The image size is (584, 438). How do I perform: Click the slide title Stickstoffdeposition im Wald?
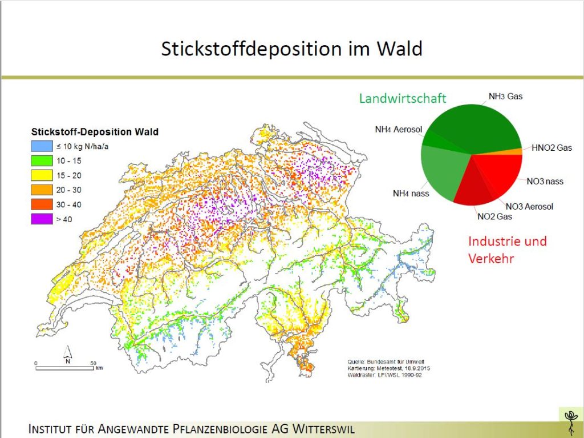tap(291, 49)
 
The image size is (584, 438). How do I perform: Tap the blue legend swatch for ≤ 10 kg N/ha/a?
tap(42, 146)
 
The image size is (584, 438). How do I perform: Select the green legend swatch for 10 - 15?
tap(42, 160)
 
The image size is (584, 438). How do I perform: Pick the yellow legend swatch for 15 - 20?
tap(42, 175)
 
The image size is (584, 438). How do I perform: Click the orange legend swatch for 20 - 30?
tap(42, 190)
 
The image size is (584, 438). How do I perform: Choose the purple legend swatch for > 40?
tap(42, 219)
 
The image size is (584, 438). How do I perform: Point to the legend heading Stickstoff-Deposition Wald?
tap(95, 132)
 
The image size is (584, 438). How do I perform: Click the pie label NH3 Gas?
tap(505, 97)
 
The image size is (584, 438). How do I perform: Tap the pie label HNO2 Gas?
tap(551, 148)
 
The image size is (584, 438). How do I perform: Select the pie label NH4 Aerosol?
tap(399, 130)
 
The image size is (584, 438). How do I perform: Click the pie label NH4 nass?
tap(411, 193)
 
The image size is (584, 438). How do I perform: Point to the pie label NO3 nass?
tap(545, 182)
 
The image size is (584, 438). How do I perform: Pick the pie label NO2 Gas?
tap(494, 216)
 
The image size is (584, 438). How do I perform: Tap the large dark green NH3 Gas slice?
tap(480, 127)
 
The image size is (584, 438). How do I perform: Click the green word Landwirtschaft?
tap(403, 98)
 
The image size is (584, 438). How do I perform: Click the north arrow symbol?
tap(68, 354)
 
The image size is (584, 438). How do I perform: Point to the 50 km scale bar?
tap(65, 368)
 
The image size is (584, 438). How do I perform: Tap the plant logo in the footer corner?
tap(570, 422)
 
